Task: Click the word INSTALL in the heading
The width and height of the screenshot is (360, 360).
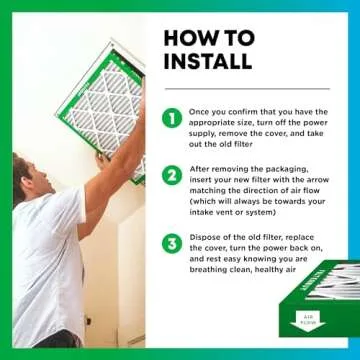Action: tap(208, 60)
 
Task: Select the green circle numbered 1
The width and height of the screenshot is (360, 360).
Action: tap(172, 118)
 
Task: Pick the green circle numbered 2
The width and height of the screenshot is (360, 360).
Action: tap(172, 175)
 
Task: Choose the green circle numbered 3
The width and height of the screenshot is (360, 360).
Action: tap(172, 243)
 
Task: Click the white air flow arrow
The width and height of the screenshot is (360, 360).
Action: tap(307, 321)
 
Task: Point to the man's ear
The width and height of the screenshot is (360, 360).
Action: tap(32, 183)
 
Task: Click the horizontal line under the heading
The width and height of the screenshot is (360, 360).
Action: tap(247, 89)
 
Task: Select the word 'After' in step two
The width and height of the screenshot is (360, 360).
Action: tap(199, 169)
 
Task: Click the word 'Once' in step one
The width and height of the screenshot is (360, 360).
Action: tap(198, 112)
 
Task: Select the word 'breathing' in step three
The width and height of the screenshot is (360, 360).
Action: tap(205, 270)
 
